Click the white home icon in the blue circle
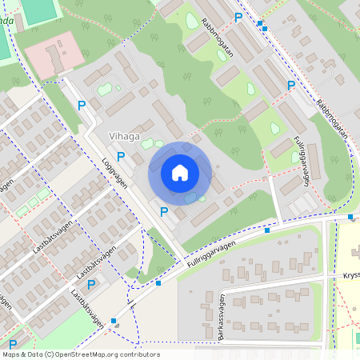(180, 173)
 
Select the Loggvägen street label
(116, 165)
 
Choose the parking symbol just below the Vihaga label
(121, 157)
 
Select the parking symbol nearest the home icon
(164, 211)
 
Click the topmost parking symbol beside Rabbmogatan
(238, 17)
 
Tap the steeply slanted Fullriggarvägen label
(302, 160)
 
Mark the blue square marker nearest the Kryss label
(350, 216)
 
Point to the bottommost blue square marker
(114, 322)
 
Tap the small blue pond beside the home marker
(190, 198)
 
